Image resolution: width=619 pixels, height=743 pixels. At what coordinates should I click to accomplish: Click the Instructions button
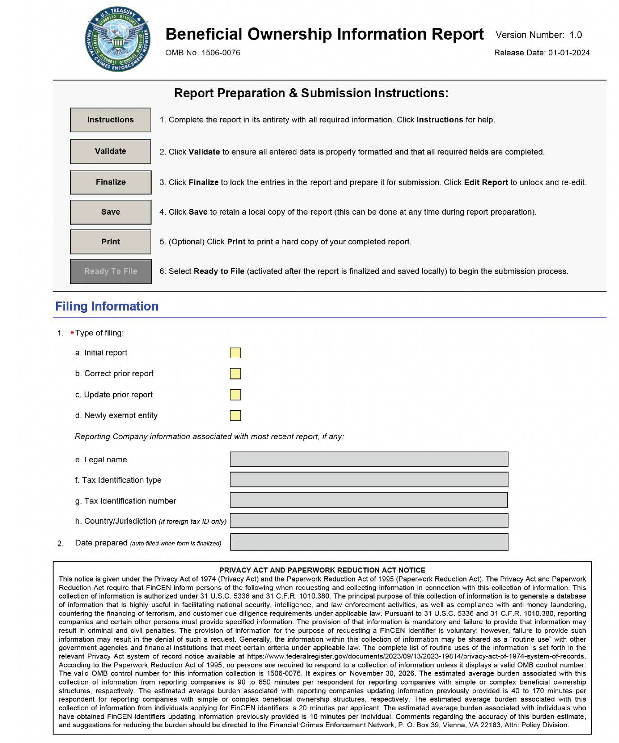tap(110, 120)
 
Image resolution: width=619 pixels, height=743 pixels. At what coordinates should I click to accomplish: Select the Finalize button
tap(110, 182)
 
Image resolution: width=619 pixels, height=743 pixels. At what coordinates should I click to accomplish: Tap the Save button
tap(110, 212)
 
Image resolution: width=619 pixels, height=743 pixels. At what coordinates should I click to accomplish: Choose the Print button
tap(110, 242)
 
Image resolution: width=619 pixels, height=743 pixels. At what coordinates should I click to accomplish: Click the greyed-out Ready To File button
tap(110, 271)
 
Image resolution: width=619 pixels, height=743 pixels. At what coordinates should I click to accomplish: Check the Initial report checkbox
tap(235, 353)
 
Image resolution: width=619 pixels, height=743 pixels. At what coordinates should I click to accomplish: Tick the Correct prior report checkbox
tap(235, 374)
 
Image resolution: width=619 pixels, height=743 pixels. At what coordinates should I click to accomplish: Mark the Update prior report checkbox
tap(235, 395)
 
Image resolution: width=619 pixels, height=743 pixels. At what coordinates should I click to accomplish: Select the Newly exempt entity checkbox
tap(235, 415)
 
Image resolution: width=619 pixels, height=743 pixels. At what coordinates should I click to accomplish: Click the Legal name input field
tap(369, 459)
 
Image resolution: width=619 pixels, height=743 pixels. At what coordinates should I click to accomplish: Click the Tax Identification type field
tap(369, 480)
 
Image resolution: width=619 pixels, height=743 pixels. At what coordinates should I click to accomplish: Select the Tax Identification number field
tap(369, 500)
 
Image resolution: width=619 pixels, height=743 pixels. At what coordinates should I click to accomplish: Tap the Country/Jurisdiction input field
tap(369, 521)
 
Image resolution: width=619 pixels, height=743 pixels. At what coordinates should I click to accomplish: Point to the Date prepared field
tap(369, 542)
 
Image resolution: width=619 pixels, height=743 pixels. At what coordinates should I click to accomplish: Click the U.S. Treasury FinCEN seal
tap(117, 40)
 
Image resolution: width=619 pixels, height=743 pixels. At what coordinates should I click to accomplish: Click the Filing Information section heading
tap(107, 306)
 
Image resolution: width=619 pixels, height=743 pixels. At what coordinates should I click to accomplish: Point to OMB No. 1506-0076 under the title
tap(203, 53)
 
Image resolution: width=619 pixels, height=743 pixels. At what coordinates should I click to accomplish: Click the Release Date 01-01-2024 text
tap(542, 53)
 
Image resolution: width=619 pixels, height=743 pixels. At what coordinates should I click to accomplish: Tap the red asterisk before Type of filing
tap(72, 333)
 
